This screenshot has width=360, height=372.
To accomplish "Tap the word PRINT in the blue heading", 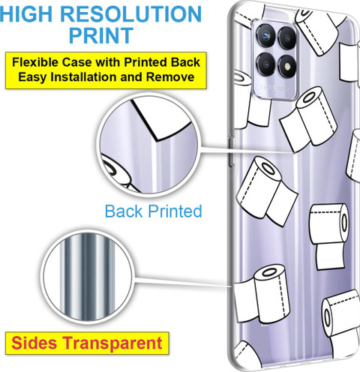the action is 101,35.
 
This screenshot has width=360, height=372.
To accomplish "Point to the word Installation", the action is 84,76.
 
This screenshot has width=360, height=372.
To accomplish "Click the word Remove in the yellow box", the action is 170,76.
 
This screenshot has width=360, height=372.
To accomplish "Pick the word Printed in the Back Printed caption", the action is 175,211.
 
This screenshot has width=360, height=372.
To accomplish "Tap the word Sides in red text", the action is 34,343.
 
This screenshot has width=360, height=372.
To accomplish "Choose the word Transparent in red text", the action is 112,343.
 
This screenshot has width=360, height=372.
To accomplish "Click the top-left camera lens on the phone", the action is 265,35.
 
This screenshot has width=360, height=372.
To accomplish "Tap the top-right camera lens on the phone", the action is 287,37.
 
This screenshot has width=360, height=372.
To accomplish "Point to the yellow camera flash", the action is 287,66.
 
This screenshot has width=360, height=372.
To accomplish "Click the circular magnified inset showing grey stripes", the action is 86,277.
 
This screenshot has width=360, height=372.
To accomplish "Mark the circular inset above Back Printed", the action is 149,145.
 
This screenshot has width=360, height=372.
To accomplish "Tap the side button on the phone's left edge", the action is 231,151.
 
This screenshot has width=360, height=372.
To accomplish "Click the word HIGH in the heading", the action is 26,13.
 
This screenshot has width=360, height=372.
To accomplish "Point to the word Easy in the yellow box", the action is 32,77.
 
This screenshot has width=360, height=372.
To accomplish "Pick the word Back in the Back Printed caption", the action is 124,211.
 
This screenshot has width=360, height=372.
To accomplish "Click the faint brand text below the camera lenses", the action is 274,88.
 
